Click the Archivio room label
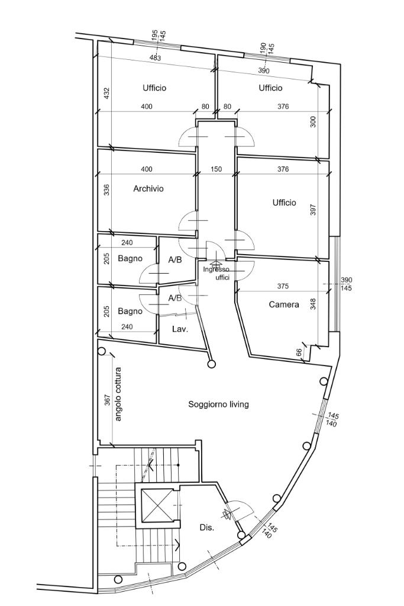pyautogui.click(x=148, y=189)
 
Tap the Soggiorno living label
pyautogui.click(x=218, y=405)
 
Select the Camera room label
pyautogui.click(x=284, y=305)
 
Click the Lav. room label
pyautogui.click(x=180, y=329)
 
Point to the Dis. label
pyautogui.click(x=206, y=527)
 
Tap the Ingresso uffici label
pyautogui.click(x=216, y=273)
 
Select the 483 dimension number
pyautogui.click(x=155, y=58)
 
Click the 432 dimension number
pyautogui.click(x=107, y=93)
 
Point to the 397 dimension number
pyautogui.click(x=313, y=210)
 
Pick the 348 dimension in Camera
pyautogui.click(x=313, y=304)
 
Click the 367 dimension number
pyautogui.click(x=107, y=400)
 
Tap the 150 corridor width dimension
pyautogui.click(x=216, y=169)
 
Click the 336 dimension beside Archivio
pyautogui.click(x=107, y=190)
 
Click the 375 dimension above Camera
pyautogui.click(x=283, y=287)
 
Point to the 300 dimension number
pyautogui.click(x=313, y=121)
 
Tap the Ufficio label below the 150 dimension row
pyautogui.click(x=284, y=203)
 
